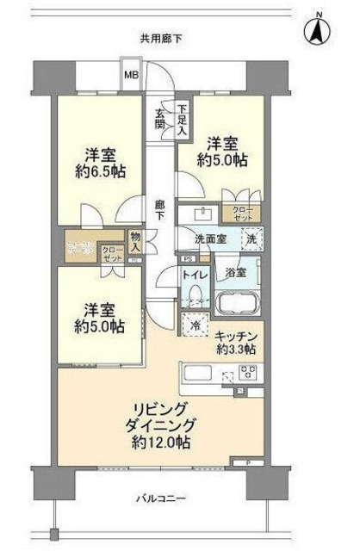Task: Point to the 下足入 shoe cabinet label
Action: point(183,120)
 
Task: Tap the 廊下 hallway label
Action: point(160,210)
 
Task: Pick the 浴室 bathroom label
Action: point(236,272)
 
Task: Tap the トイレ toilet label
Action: point(193,275)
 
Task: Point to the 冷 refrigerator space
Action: point(194,326)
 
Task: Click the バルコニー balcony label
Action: point(162,498)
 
